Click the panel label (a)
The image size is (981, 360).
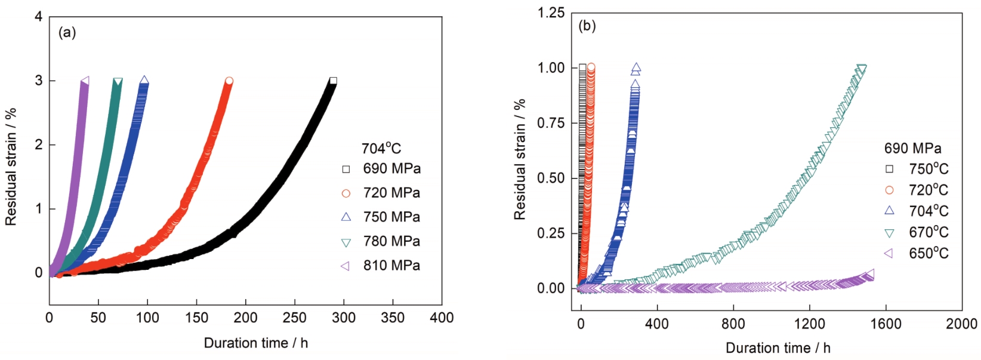pyautogui.click(x=67, y=33)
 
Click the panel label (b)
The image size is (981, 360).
pyautogui.click(x=587, y=26)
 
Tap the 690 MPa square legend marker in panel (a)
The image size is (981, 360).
pyautogui.click(x=346, y=170)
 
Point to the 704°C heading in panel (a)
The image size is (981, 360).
pyautogui.click(x=381, y=148)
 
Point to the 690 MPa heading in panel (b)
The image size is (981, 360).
pyautogui.click(x=912, y=148)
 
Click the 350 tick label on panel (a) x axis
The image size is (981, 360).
pyautogui.click(x=393, y=318)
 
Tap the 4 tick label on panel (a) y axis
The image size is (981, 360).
pyautogui.click(x=39, y=17)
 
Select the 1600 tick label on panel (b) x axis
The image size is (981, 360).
pyautogui.click(x=885, y=324)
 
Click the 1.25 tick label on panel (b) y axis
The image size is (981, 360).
pyautogui.click(x=551, y=13)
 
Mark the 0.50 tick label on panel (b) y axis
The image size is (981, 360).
pyautogui.click(x=551, y=179)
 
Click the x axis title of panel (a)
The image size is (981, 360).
pyautogui.click(x=255, y=343)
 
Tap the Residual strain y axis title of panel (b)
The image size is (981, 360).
pyautogui.click(x=520, y=159)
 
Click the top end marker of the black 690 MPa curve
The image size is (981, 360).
pyautogui.click(x=333, y=81)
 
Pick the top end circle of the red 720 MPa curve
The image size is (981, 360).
pyautogui.click(x=229, y=81)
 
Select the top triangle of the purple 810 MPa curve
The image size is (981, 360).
pyautogui.click(x=85, y=81)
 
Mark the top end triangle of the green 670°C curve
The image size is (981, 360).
pyautogui.click(x=861, y=68)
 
